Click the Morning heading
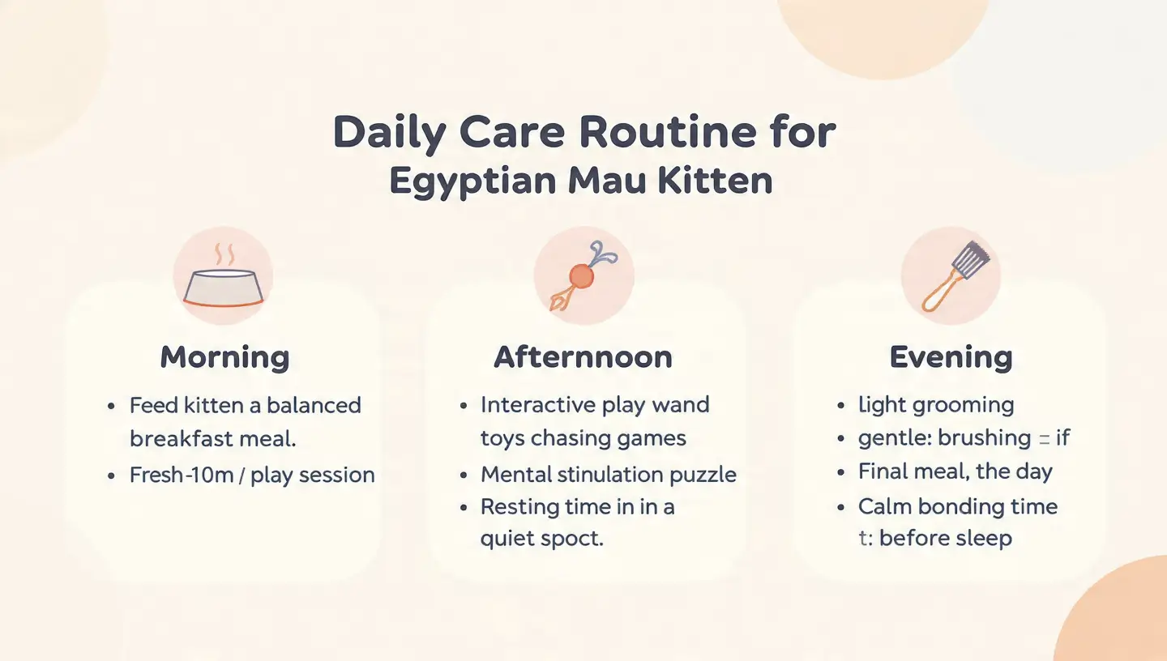[224, 357]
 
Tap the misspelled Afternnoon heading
[583, 357]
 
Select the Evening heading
[951, 357]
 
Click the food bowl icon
[223, 279]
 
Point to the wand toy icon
[583, 275]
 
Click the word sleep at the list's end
[981, 539]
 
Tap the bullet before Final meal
[842, 472]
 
